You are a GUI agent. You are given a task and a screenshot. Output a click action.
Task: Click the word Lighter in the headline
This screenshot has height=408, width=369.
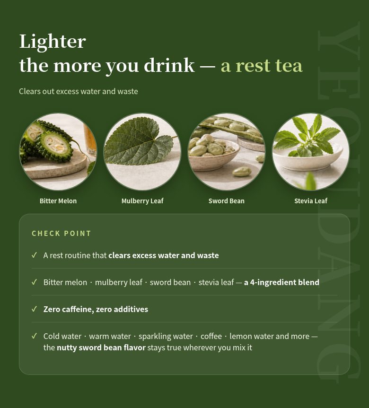point(53,42)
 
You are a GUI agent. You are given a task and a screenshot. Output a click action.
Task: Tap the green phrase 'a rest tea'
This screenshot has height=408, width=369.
point(262,66)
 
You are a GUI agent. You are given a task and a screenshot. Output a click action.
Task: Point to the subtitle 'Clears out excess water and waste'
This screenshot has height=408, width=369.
point(79,91)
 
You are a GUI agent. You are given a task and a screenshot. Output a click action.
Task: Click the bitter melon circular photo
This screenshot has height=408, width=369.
point(58,151)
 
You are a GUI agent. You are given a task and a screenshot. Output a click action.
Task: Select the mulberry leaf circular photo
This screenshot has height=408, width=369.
point(142,151)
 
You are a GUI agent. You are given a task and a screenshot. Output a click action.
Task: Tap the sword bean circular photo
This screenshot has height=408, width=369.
point(227,151)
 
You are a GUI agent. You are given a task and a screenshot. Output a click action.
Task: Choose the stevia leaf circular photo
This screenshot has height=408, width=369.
point(311,151)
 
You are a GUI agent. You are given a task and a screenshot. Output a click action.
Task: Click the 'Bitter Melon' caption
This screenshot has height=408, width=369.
point(58,201)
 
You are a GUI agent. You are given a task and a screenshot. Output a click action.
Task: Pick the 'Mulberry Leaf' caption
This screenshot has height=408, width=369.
point(142,201)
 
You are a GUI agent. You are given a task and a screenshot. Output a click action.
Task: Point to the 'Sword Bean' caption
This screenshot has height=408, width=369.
point(227,201)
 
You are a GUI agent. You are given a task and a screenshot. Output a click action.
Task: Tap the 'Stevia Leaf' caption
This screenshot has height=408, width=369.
point(311,201)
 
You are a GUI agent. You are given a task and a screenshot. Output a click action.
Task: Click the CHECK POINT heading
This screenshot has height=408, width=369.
point(61,234)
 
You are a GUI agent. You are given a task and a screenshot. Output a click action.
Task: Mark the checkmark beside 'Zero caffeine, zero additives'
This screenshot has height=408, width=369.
point(34,309)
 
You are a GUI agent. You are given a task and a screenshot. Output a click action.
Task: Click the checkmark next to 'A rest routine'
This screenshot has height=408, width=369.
point(34,255)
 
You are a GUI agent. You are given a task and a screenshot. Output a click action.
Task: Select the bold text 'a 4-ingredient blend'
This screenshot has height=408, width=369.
point(281,282)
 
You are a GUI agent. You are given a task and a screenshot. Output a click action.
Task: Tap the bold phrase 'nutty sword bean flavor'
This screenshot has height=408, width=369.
point(101,347)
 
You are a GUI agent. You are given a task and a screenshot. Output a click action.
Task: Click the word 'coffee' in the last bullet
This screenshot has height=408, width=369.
point(211,336)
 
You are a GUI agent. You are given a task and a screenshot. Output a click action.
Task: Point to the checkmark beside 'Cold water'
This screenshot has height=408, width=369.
point(34,336)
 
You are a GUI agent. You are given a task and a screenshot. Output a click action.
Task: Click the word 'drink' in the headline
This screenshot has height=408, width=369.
point(169,65)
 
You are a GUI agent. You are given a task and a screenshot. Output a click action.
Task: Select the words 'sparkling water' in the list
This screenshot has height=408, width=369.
point(166,337)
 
